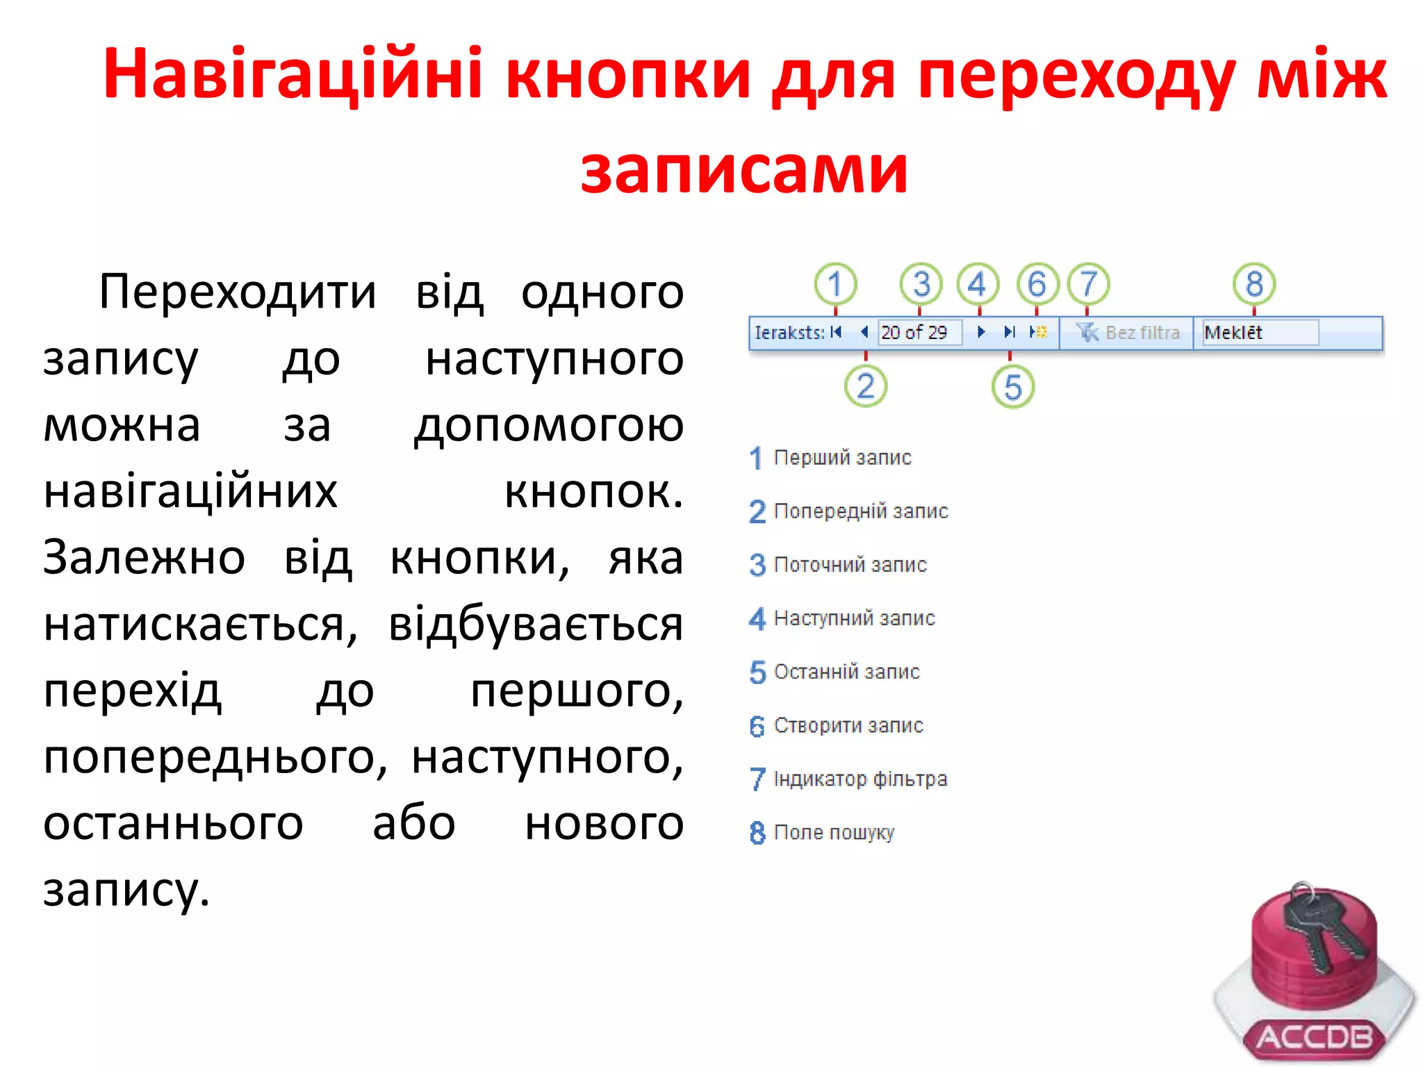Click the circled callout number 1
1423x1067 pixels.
point(835,283)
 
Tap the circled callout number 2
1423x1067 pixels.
point(865,386)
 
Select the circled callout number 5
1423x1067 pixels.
point(1012,387)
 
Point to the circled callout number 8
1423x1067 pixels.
point(1254,283)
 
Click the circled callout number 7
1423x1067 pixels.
point(1088,283)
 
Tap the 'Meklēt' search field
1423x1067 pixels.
point(1259,333)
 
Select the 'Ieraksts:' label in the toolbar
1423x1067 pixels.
point(789,333)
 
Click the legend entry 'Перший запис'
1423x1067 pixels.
point(842,458)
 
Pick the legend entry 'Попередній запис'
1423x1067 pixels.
point(860,511)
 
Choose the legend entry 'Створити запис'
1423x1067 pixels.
point(848,725)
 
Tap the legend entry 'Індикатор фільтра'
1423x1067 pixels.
point(860,779)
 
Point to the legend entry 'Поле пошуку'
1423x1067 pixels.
point(834,832)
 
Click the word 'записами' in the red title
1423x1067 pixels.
point(744,169)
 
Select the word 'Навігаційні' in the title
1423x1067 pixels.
point(293,74)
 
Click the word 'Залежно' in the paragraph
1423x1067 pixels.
point(145,558)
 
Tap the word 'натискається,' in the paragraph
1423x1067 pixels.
point(200,624)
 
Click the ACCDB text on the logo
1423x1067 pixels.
point(1315,1037)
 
